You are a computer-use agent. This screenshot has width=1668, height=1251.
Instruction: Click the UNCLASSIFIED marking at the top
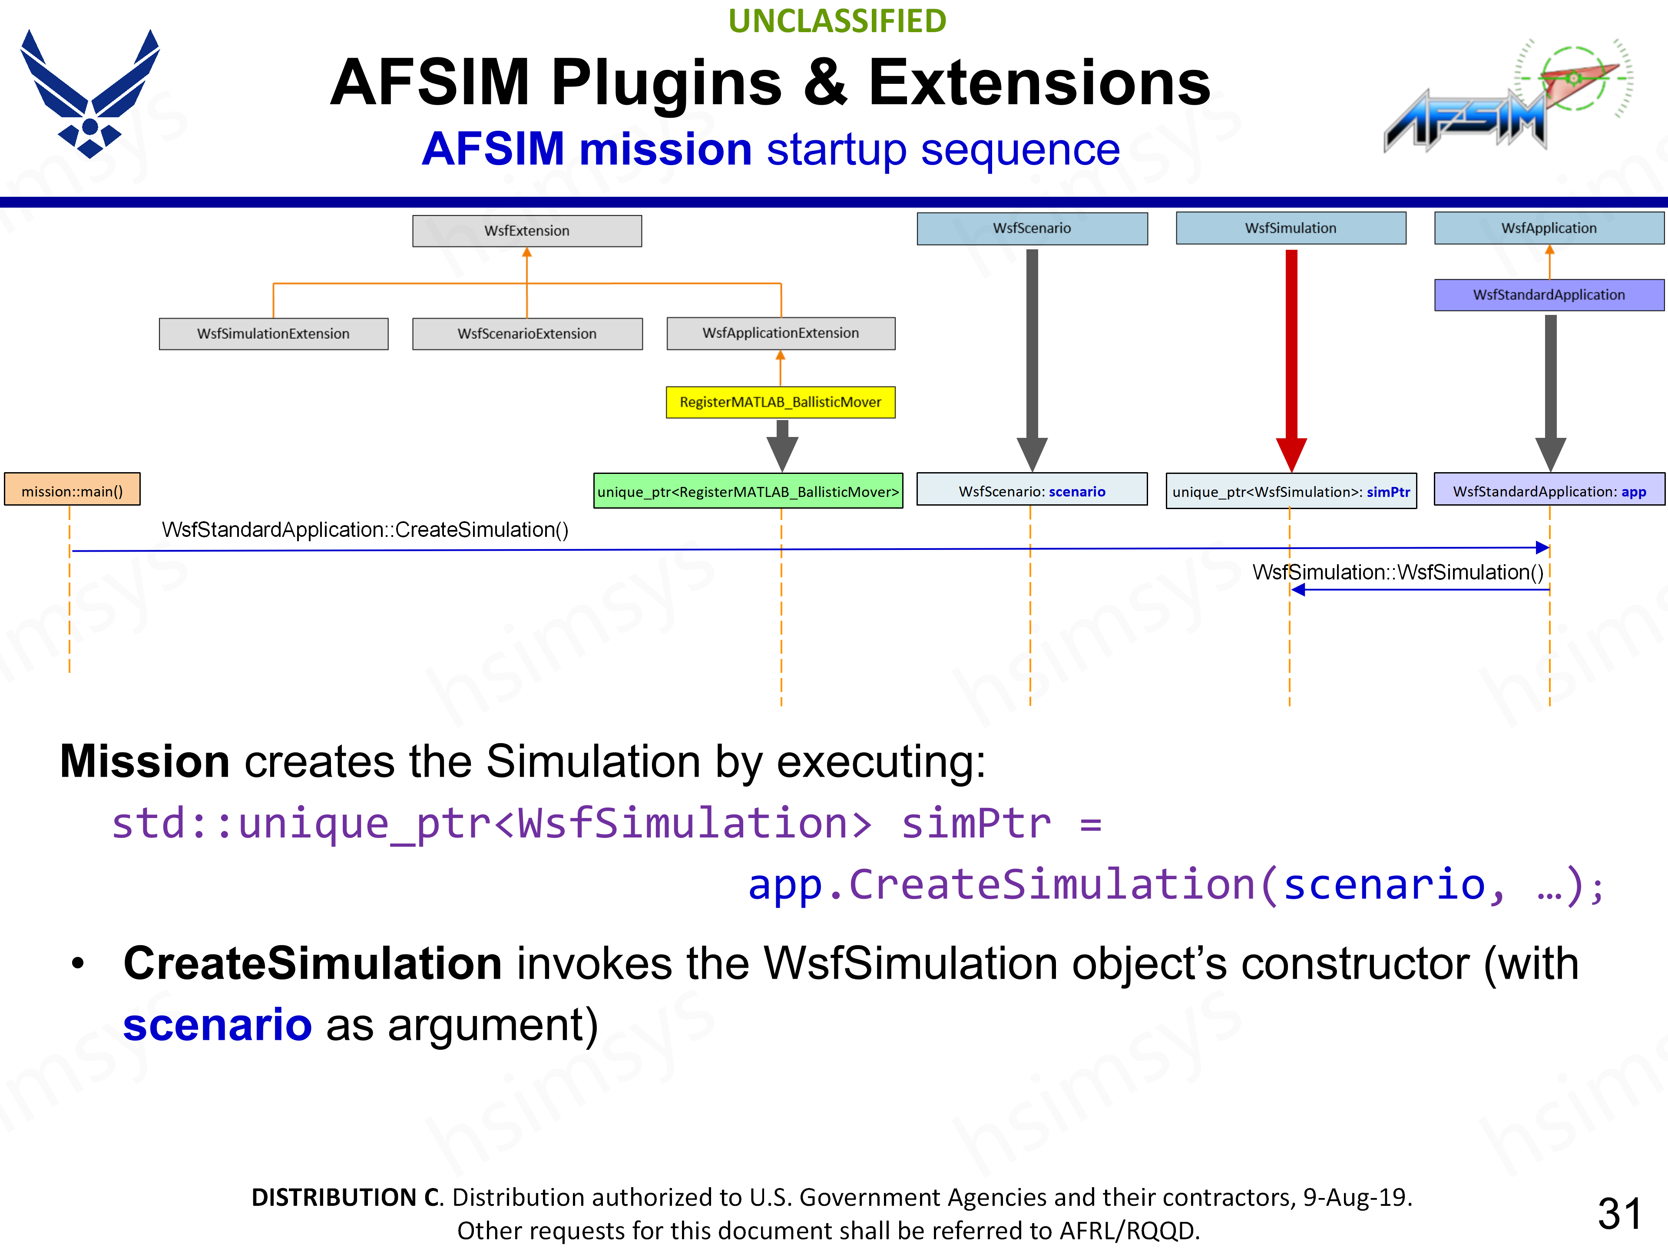click(x=837, y=21)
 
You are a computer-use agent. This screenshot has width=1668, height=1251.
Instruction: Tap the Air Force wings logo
click(x=90, y=94)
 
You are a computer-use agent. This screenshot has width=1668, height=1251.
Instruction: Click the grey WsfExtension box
click(x=527, y=231)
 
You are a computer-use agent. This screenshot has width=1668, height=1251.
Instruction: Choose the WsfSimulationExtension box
click(x=273, y=333)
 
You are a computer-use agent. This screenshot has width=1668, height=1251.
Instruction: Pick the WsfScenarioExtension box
click(x=527, y=333)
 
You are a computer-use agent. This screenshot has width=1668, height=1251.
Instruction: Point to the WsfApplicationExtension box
click(x=781, y=333)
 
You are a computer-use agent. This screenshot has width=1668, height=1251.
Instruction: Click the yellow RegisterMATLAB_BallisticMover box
click(x=781, y=402)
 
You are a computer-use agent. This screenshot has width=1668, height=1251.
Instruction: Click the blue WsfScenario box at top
click(x=1032, y=228)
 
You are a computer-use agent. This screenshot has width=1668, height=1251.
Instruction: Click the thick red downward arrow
click(x=1291, y=354)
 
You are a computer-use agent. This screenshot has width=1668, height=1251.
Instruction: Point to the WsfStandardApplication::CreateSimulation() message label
click(x=365, y=530)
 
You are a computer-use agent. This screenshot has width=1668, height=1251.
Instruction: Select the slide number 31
click(x=1619, y=1213)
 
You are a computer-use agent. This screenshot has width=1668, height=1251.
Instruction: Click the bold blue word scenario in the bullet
click(x=217, y=1025)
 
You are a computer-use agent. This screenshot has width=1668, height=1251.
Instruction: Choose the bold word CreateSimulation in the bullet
click(x=312, y=964)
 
